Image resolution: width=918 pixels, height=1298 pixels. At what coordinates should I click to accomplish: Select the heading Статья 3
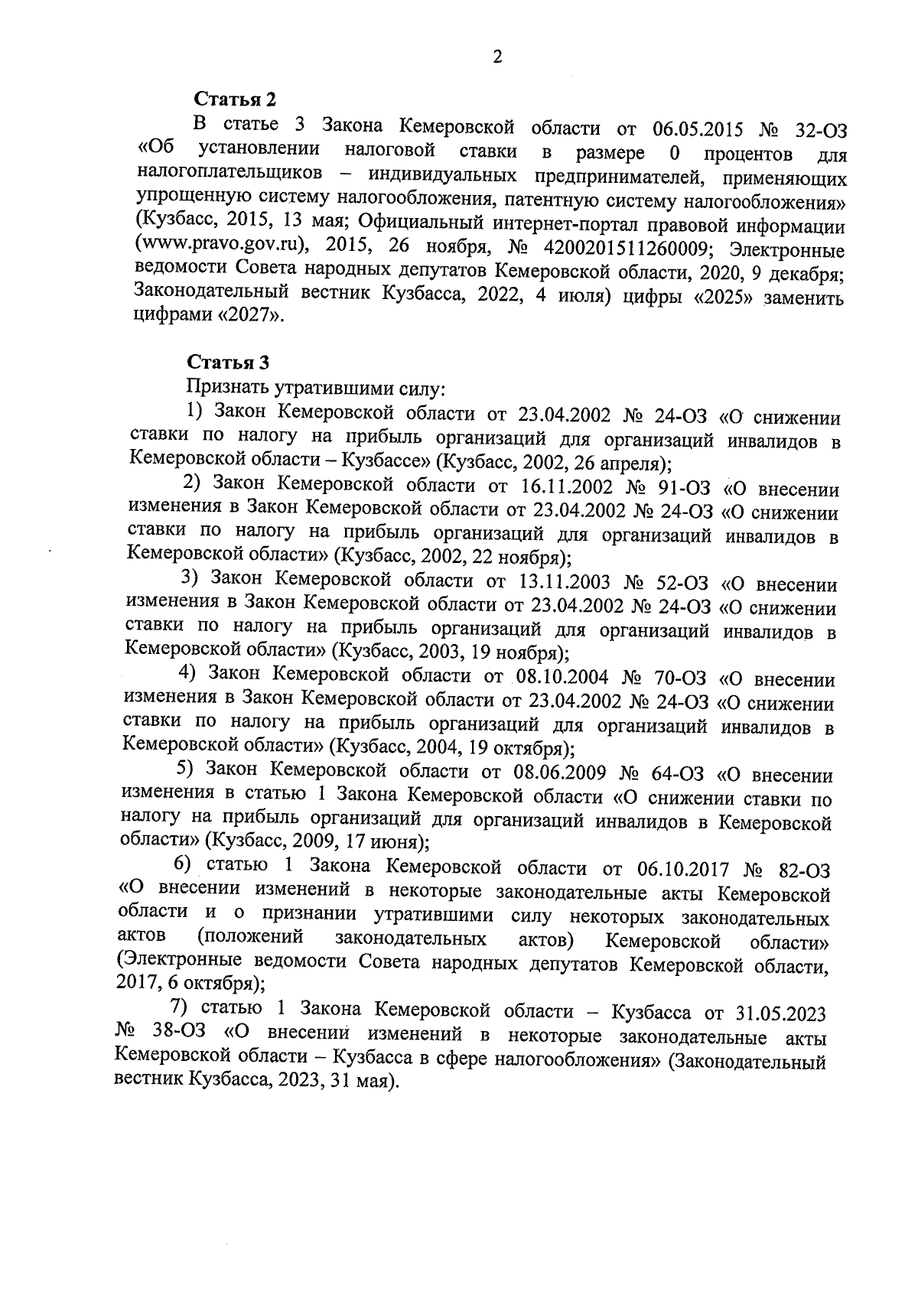228,362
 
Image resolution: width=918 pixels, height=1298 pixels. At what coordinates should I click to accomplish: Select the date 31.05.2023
780,1013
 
